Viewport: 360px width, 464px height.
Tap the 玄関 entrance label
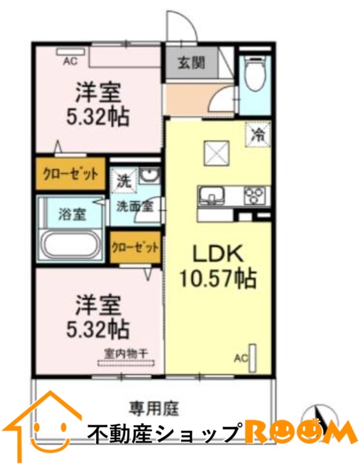pos(191,63)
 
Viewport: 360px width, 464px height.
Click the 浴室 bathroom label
pos(72,214)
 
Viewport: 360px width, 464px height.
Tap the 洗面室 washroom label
pos(135,206)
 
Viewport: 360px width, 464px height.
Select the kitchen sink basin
pos(211,195)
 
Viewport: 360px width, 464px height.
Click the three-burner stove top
pos(254,196)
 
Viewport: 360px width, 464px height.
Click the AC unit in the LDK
pos(253,358)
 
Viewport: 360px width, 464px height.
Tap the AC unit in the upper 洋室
pos(71,52)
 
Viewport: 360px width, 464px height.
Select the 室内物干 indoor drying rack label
pos(126,353)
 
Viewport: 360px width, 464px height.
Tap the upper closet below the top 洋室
pos(71,174)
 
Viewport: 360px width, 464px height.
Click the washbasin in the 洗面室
pos(149,176)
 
